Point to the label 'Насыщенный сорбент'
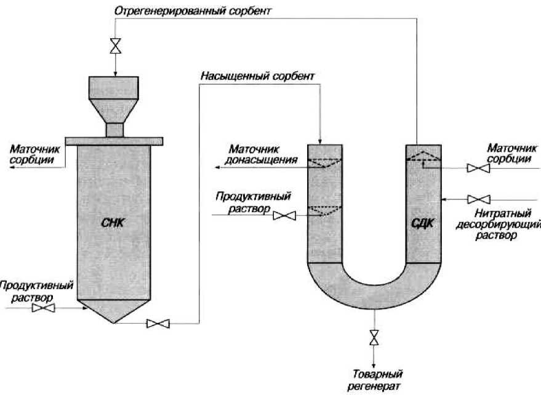pos(257,76)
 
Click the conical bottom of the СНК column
pos(114,311)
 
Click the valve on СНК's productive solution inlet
pos(42,308)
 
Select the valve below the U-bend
pos(374,338)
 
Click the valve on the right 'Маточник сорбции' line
pos(475,168)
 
